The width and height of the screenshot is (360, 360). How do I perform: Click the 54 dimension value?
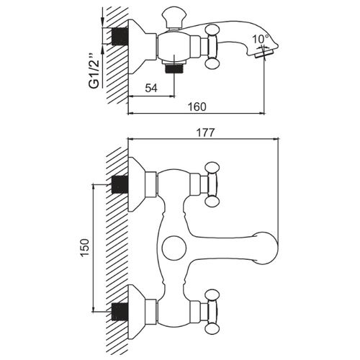click(x=151, y=88)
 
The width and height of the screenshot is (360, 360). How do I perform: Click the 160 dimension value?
click(x=197, y=107)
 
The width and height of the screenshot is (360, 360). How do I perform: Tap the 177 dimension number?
click(x=205, y=132)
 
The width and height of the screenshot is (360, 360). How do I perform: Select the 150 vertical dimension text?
click(x=85, y=248)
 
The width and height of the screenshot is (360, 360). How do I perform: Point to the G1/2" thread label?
click(x=94, y=71)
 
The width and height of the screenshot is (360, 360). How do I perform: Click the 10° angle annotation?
click(x=261, y=39)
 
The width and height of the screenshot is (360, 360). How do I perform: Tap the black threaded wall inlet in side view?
click(x=120, y=36)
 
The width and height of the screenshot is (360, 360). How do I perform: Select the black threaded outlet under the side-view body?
click(x=174, y=68)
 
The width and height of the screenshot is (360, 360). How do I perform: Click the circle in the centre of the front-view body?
click(x=174, y=248)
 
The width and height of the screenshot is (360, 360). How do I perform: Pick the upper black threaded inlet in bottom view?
click(x=120, y=184)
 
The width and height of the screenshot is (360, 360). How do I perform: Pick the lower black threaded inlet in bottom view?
click(x=120, y=312)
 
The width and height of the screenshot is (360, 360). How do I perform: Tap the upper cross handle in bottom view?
click(x=212, y=184)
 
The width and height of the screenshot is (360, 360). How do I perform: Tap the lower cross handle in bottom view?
click(x=212, y=312)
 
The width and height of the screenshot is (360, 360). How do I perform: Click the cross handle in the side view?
click(x=212, y=46)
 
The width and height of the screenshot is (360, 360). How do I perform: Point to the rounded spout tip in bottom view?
click(x=266, y=248)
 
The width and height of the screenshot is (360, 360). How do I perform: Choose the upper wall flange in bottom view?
click(x=137, y=184)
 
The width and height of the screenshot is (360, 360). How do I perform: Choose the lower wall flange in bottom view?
click(x=137, y=312)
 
